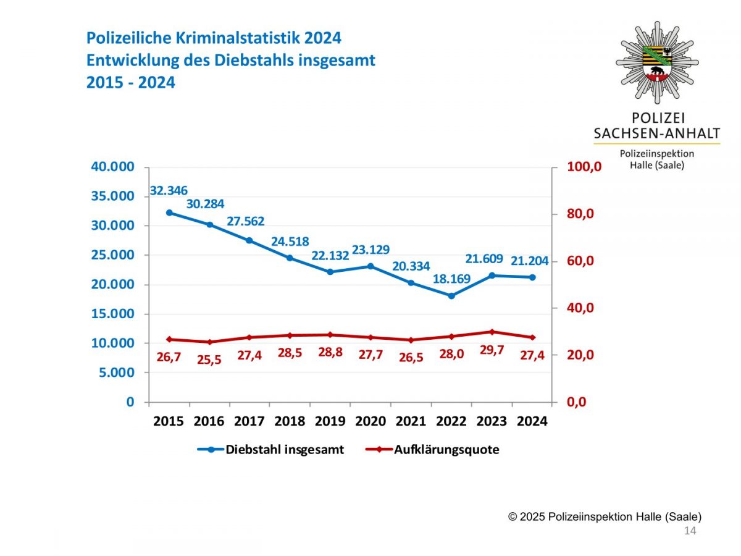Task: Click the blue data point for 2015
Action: pyautogui.click(x=169, y=213)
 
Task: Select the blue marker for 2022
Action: pyautogui.click(x=451, y=296)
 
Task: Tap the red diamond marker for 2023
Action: pyautogui.click(x=492, y=332)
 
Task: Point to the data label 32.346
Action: pyautogui.click(x=169, y=190)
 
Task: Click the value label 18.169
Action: pyautogui.click(x=452, y=279)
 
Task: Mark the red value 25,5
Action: pyautogui.click(x=209, y=360)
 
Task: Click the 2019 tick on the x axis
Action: pyautogui.click(x=330, y=421)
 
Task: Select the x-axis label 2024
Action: pyautogui.click(x=532, y=421)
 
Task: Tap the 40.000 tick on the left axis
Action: pyautogui.click(x=112, y=167)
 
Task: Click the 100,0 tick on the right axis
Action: pyautogui.click(x=584, y=167)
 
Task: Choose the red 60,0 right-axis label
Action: pyautogui.click(x=580, y=261)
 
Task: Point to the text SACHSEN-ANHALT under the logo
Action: pyautogui.click(x=656, y=133)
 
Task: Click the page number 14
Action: pyautogui.click(x=690, y=531)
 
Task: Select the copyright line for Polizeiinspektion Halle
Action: pyautogui.click(x=605, y=516)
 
